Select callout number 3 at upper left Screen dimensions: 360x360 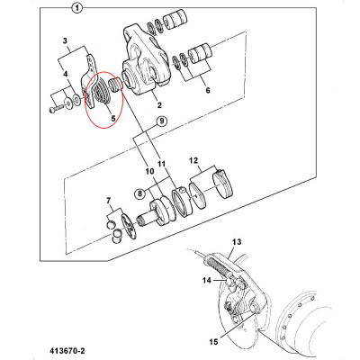pos(64,41)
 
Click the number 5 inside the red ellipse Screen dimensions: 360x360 pos(112,117)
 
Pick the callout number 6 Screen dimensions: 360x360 pos(210,91)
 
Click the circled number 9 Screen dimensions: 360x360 pos(161,121)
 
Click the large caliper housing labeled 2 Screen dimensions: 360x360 pos(148,67)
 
